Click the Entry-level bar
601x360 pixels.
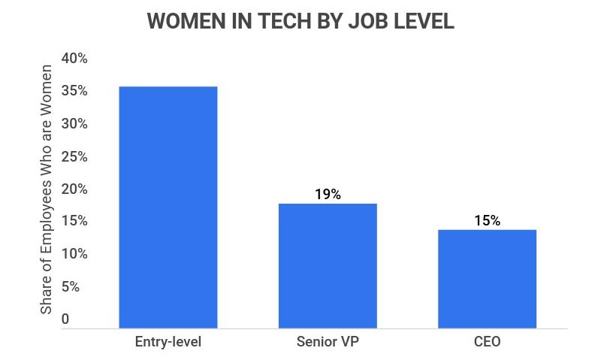pyautogui.click(x=168, y=207)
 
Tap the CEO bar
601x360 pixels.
pyautogui.click(x=487, y=278)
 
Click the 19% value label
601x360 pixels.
pyautogui.click(x=328, y=194)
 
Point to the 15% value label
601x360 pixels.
pyautogui.click(x=487, y=221)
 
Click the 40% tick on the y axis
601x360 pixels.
pyautogui.click(x=74, y=59)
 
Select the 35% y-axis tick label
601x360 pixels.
pyautogui.click(x=74, y=91)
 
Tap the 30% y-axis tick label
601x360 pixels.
pyautogui.click(x=74, y=124)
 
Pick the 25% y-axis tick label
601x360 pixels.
pyautogui.click(x=74, y=156)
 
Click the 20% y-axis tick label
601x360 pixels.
pyautogui.click(x=74, y=189)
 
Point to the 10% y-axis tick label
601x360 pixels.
pyautogui.click(x=74, y=254)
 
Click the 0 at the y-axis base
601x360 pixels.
pyautogui.click(x=65, y=319)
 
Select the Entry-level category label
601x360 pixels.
pyautogui.click(x=168, y=343)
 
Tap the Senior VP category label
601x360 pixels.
pyautogui.click(x=328, y=343)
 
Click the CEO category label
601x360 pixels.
pyautogui.click(x=487, y=343)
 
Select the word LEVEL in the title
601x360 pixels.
pyautogui.click(x=422, y=21)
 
